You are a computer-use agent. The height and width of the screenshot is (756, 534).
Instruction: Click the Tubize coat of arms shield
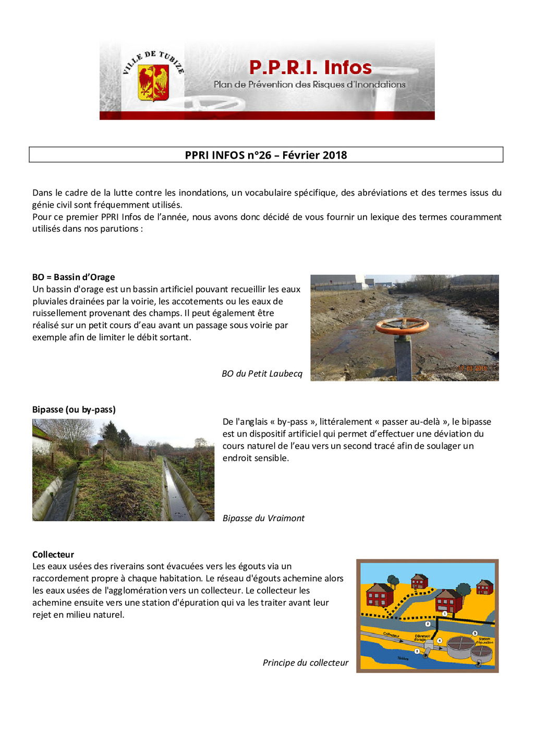[x=153, y=82]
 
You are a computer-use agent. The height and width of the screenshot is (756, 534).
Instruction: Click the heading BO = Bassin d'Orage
[x=74, y=277]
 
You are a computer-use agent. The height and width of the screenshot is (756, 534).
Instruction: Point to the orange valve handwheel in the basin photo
[x=402, y=326]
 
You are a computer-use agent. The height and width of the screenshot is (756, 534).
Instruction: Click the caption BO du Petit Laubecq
[x=262, y=374]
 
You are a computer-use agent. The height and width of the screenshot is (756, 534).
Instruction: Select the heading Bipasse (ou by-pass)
[x=74, y=410]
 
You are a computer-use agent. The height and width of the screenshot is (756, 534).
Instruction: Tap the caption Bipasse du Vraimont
[x=263, y=518]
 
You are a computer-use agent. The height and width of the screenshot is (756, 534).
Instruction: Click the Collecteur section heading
[x=53, y=555]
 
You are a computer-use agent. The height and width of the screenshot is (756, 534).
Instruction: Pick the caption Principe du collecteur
[x=306, y=663]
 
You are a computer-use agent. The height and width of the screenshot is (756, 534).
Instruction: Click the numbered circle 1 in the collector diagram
[x=444, y=614]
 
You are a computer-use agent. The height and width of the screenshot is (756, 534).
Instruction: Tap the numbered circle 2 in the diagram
[x=428, y=624]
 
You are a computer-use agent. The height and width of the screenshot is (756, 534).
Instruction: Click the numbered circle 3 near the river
[x=417, y=651]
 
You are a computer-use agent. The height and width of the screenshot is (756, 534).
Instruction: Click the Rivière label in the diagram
[x=403, y=658]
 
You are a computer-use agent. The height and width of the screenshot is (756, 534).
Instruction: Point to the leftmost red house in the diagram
[x=379, y=596]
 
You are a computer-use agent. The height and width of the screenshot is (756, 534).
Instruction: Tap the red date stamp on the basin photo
[x=472, y=368]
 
